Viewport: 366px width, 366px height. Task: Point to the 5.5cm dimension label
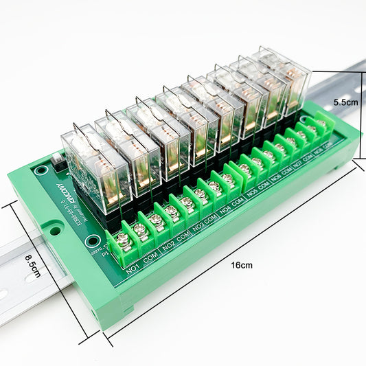pos(345,102)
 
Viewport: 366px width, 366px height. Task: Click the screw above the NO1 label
pos(124,240)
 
